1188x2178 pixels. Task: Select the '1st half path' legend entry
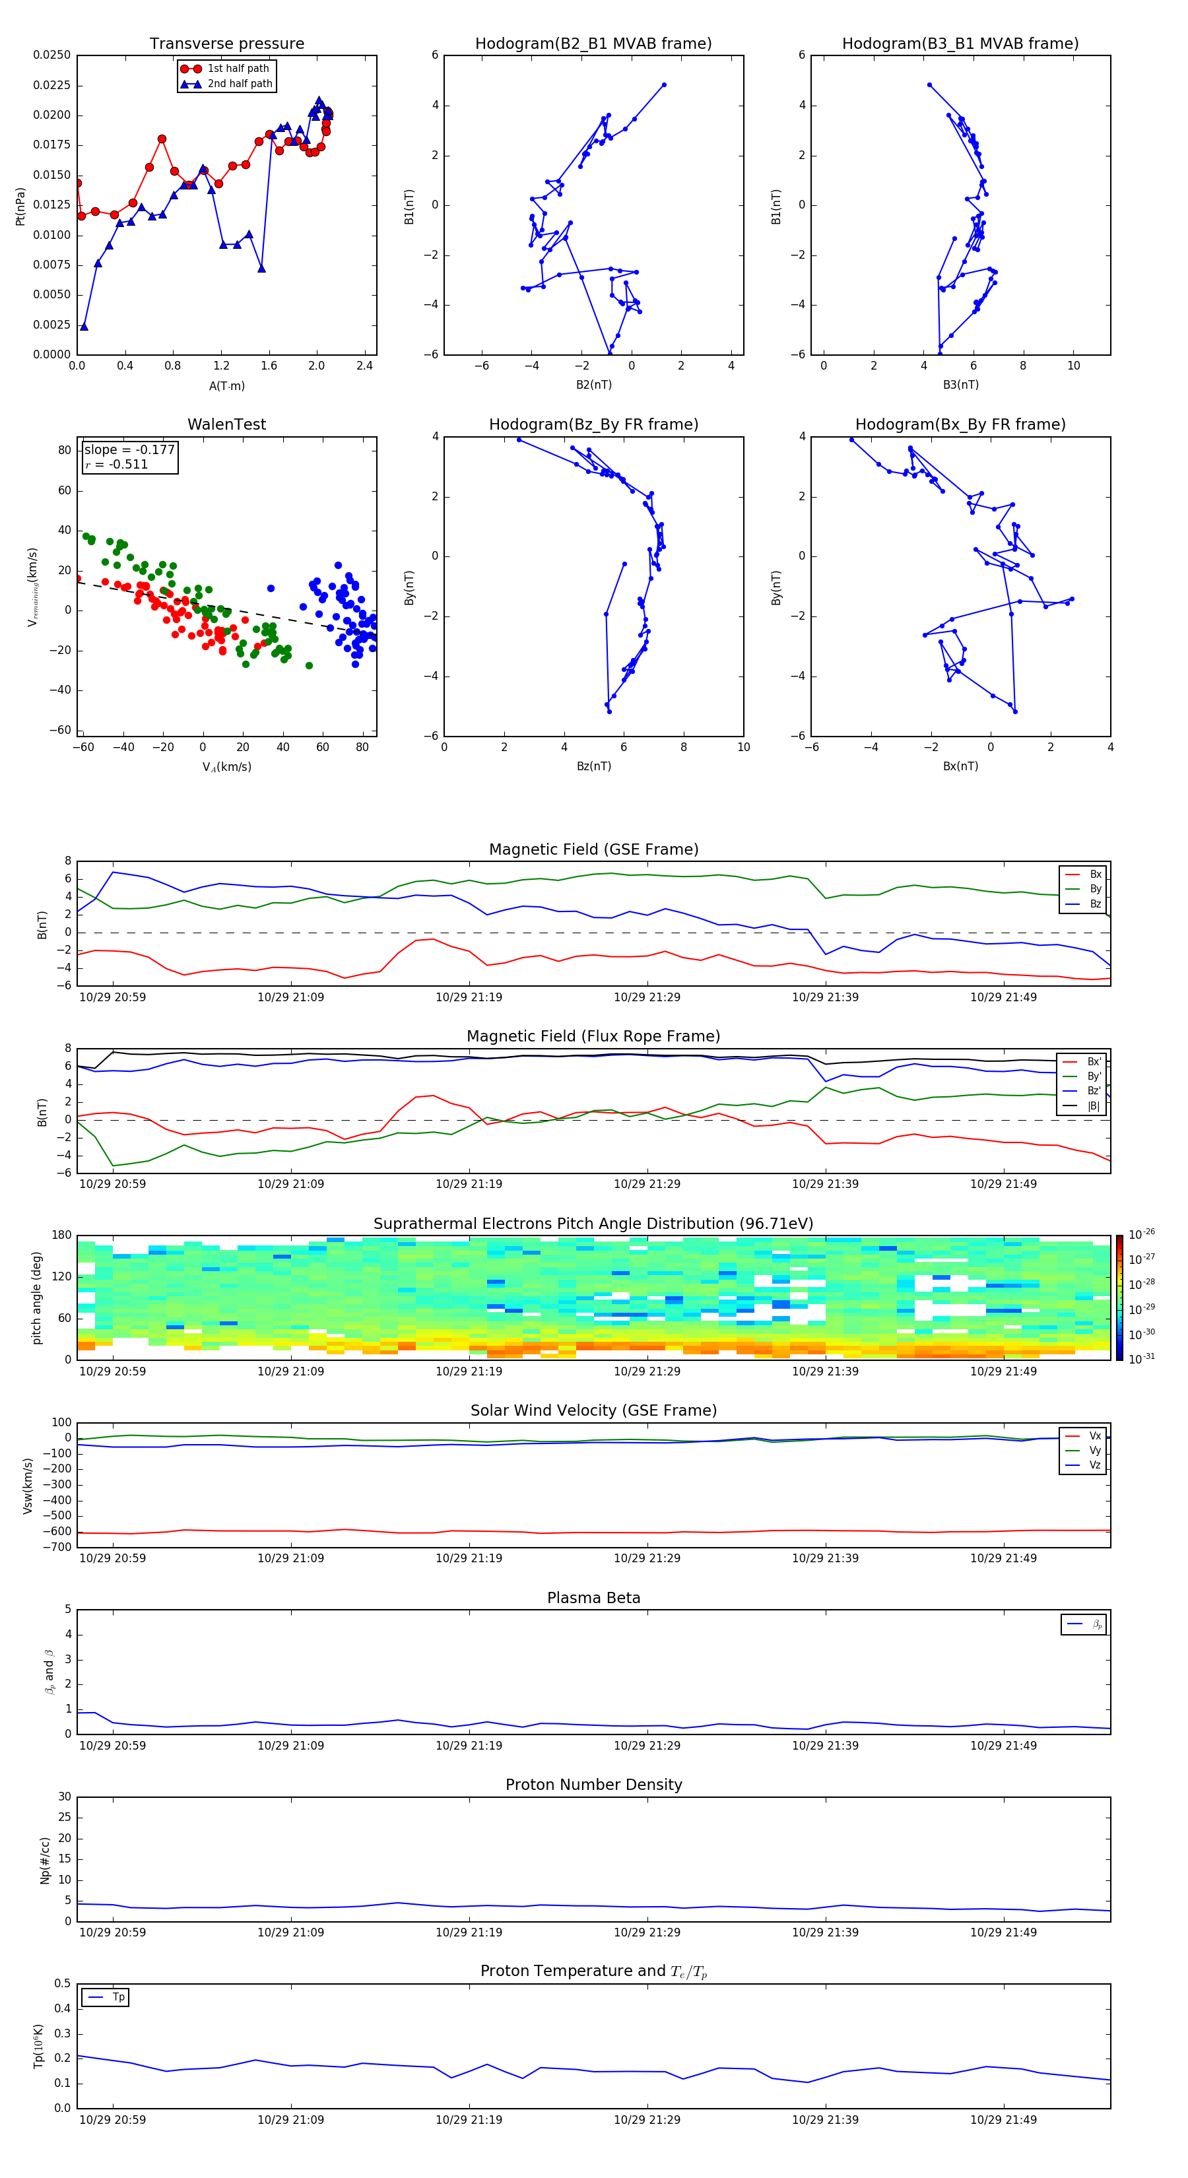(x=238, y=69)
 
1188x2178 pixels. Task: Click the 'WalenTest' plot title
(x=226, y=424)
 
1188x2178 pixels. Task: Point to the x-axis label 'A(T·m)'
(x=226, y=385)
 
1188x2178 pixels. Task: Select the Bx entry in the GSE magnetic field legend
(x=1095, y=874)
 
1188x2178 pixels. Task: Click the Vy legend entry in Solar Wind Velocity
(x=1095, y=1450)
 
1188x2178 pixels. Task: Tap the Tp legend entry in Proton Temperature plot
(x=117, y=1997)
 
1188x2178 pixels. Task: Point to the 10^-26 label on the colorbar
(x=1142, y=1234)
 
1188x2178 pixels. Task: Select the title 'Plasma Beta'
(x=593, y=1598)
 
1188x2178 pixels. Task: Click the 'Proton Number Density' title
(x=593, y=1785)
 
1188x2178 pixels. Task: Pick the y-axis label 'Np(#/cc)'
(x=45, y=1860)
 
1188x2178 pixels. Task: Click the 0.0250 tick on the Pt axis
(x=51, y=55)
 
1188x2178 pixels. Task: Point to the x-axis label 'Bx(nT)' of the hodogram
(x=960, y=766)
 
